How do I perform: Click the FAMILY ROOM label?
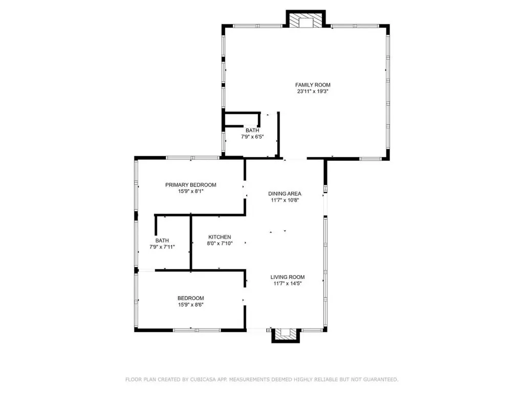click(313, 85)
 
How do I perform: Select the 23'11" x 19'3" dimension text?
click(313, 92)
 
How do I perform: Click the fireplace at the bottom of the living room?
click(285, 335)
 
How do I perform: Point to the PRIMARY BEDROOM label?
click(190, 185)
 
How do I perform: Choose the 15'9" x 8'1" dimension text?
click(190, 192)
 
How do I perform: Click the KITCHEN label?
click(220, 237)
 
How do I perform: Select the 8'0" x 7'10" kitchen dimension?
click(220, 244)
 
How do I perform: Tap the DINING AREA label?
click(285, 194)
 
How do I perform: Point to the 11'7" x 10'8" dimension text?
click(285, 201)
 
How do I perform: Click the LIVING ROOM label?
click(288, 277)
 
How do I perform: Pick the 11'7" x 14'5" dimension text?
click(288, 283)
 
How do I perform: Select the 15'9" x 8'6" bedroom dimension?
click(190, 305)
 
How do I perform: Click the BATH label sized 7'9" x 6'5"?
click(252, 130)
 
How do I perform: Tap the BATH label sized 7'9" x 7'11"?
click(162, 241)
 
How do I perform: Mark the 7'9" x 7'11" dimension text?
click(162, 247)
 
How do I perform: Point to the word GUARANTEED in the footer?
click(378, 380)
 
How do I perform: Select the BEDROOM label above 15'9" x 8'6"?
click(190, 298)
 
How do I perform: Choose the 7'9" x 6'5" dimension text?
click(252, 137)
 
